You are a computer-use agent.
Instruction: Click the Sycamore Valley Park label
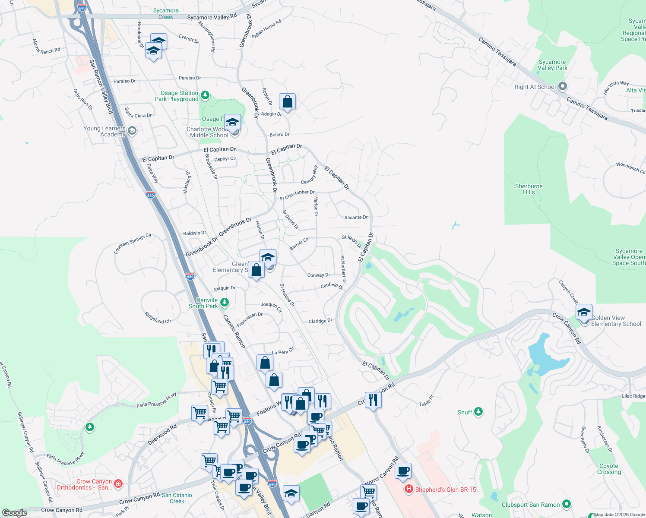click(x=552, y=65)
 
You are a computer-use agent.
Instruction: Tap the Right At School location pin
click(x=562, y=86)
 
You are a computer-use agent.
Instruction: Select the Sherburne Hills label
click(x=529, y=189)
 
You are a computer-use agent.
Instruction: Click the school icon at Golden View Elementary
click(x=584, y=312)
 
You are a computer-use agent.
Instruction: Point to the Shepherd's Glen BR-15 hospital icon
click(x=408, y=490)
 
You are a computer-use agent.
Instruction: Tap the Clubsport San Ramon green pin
click(x=567, y=504)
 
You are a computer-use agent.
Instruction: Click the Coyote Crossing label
click(x=609, y=469)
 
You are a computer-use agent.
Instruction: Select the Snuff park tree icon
click(x=478, y=412)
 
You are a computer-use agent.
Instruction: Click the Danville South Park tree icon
click(x=224, y=302)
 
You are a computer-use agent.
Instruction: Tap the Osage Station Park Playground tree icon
click(x=205, y=95)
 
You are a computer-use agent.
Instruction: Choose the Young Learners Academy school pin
click(x=132, y=131)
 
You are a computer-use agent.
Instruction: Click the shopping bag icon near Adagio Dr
click(x=287, y=102)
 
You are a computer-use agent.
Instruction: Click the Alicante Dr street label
click(x=356, y=218)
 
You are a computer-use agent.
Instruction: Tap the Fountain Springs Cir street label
click(x=133, y=243)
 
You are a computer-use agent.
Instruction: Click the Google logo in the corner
click(x=14, y=512)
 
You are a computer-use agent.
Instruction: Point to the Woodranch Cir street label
click(x=630, y=168)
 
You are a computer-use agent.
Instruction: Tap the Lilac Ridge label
click(x=633, y=396)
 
